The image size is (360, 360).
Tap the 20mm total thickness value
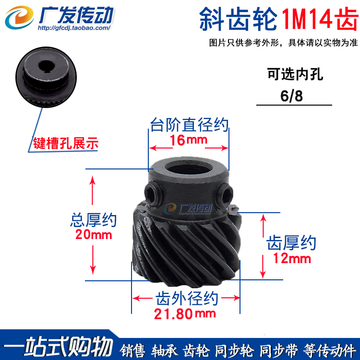point(94,235)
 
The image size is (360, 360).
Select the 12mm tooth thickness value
point(292,259)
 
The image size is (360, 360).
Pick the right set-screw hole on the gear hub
point(226,194)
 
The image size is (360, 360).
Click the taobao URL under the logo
point(74,27)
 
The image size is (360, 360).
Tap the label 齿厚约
point(291,243)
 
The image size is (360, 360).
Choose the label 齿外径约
point(185,299)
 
